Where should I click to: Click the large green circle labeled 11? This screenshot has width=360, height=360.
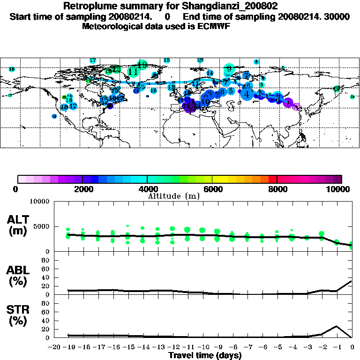tap(133, 72)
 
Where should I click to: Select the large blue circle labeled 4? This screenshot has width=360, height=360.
tap(247, 94)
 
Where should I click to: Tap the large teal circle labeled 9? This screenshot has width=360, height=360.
tap(229, 70)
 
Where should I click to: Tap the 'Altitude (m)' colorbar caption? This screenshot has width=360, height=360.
tap(173, 196)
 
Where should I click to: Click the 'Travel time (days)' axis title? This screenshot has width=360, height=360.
tap(205, 355)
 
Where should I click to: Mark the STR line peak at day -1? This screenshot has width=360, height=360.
tap(337, 326)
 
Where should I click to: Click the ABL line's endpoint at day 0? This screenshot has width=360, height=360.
tap(352, 281)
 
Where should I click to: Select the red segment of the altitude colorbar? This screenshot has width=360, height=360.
tap(272, 179)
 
